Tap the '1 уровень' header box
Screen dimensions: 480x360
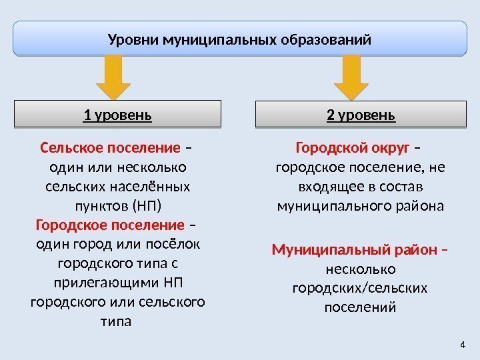[x=118, y=114]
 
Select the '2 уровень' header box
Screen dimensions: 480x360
[x=361, y=114]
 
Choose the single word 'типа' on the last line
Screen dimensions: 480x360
[x=116, y=321]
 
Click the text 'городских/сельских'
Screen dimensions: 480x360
[x=360, y=289]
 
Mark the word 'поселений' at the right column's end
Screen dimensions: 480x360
[x=360, y=308]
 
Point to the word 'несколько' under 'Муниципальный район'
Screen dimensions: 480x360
[x=360, y=270]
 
